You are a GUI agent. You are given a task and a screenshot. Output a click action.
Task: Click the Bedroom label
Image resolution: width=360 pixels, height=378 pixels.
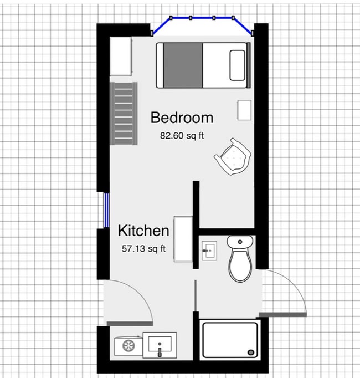pyautogui.click(x=182, y=118)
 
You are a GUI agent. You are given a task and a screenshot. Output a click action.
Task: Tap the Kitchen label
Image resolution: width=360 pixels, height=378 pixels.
pyautogui.click(x=143, y=231)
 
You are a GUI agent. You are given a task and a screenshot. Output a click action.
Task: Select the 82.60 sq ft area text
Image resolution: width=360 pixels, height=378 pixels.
pyautogui.click(x=182, y=135)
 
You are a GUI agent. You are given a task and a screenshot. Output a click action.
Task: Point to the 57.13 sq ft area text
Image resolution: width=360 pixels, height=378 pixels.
pyautogui.click(x=143, y=249)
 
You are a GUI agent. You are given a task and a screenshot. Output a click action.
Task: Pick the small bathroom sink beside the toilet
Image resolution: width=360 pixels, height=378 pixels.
pyautogui.click(x=209, y=250)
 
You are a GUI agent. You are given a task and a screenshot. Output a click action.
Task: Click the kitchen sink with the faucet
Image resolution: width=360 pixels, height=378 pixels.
pyautogui.click(x=160, y=345)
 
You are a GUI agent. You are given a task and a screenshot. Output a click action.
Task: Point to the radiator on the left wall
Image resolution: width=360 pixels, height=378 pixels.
pyautogui.click(x=123, y=113)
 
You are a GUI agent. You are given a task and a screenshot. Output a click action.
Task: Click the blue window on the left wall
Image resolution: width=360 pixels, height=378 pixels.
pyautogui.click(x=106, y=210)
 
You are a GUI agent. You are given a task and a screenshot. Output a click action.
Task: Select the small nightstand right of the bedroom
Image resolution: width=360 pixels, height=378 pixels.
pyautogui.click(x=244, y=110)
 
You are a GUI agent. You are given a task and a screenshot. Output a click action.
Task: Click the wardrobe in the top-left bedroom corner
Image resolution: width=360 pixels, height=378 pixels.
pyautogui.click(x=121, y=57)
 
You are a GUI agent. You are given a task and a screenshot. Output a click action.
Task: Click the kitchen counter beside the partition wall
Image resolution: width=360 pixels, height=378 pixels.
pyautogui.click(x=183, y=239)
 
